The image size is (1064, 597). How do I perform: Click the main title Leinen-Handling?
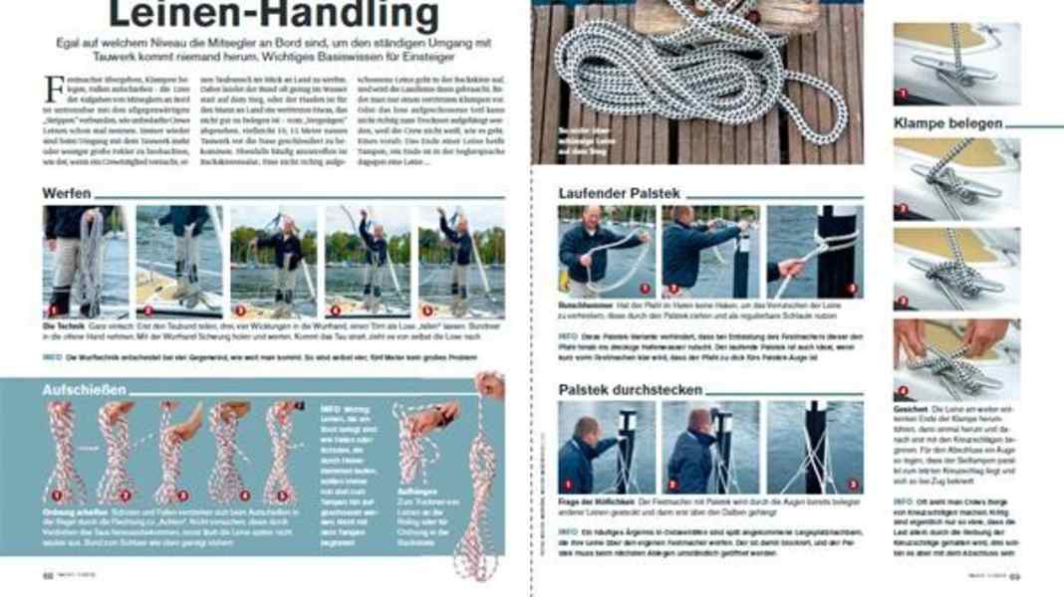tap(272, 17)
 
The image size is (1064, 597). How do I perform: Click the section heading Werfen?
tap(67, 192)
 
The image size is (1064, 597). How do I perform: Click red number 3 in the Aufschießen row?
tap(182, 495)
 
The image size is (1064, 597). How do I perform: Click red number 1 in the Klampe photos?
tap(903, 94)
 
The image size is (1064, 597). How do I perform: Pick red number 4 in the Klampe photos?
tap(903, 390)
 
